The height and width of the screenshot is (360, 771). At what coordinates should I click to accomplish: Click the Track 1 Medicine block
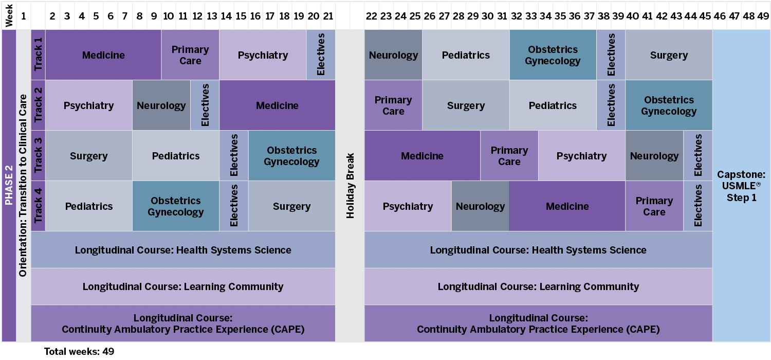pos(103,55)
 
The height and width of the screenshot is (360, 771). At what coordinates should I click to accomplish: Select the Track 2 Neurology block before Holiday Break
pos(161,105)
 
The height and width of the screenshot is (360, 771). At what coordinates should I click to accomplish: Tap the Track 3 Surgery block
pos(89,156)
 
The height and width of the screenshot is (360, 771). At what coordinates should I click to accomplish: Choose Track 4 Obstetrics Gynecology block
pos(176,206)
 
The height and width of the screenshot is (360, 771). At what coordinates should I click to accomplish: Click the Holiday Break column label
pos(351,186)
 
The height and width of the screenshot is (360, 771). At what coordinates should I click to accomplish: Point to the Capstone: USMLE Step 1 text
pos(741,186)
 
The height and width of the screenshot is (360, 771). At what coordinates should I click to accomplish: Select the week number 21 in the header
pos(328,16)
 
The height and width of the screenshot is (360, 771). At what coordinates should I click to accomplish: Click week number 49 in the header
pos(763,16)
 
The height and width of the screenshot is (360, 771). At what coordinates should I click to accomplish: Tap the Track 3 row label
pos(38,155)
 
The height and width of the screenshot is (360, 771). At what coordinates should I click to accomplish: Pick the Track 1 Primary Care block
pos(190,55)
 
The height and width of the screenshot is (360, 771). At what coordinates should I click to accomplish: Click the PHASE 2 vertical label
pos(9,186)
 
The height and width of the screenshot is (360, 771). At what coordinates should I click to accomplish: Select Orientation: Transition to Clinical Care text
pos(23,186)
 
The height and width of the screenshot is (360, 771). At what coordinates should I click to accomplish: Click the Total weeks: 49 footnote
pos(79,352)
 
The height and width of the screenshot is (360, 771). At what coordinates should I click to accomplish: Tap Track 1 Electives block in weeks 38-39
pos(611,55)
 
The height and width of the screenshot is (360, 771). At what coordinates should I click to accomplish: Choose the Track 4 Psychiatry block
pos(408,206)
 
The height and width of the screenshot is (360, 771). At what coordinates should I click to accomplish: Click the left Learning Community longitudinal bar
pos(183,286)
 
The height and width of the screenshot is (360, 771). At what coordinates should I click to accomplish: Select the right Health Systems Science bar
pos(538,250)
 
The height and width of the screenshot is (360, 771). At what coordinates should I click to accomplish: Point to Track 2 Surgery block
pos(466,105)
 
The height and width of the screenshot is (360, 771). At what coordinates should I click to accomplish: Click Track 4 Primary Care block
pos(654,206)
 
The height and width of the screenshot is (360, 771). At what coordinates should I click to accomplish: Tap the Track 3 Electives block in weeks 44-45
pos(698,156)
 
